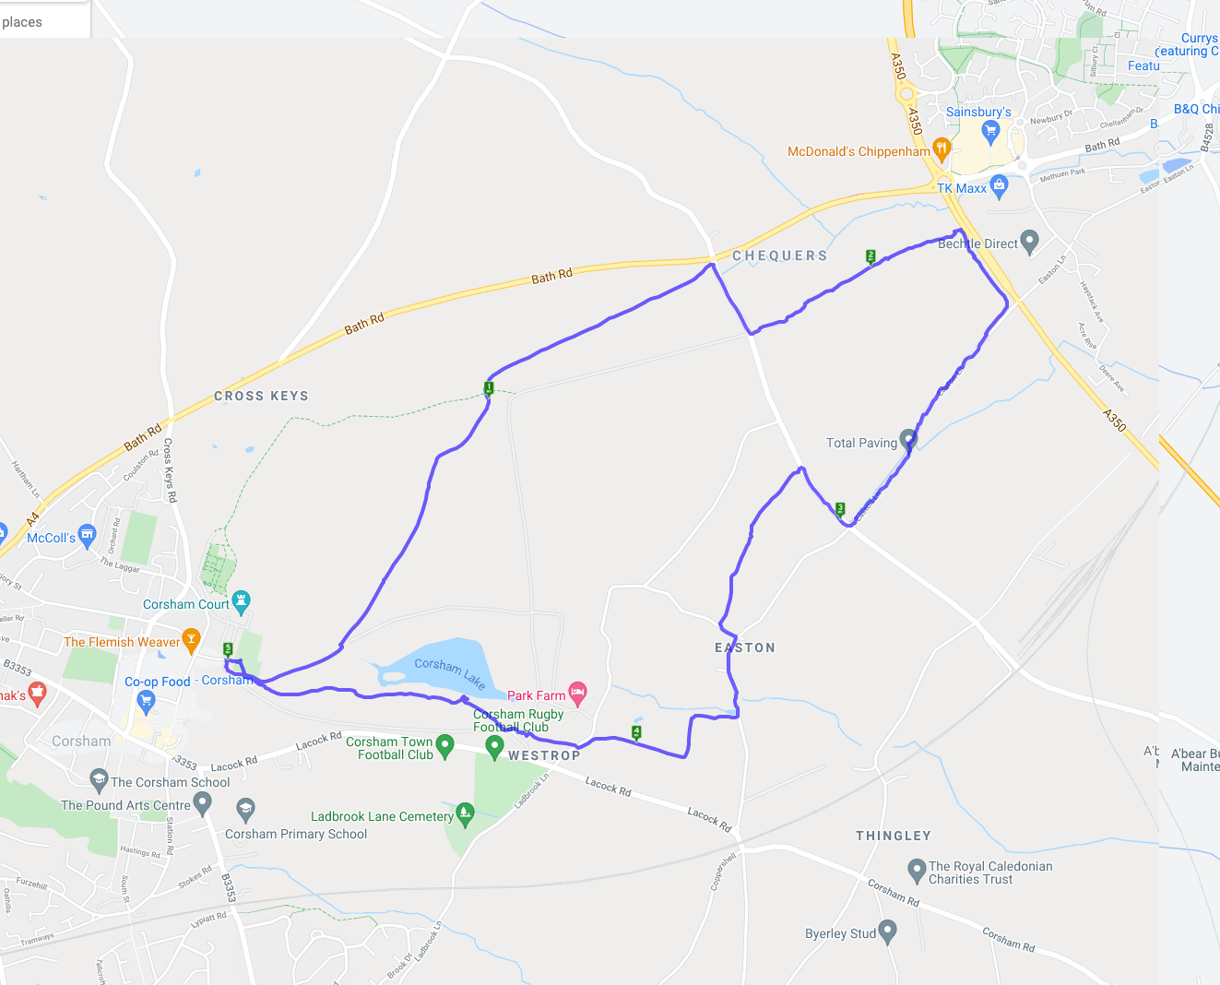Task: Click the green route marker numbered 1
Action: pos(489,388)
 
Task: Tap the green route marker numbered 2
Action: pos(871,256)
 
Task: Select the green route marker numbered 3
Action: pos(840,508)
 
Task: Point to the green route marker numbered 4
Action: pos(636,732)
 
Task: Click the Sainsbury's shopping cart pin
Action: pos(991,131)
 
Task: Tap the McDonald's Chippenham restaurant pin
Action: pos(942,148)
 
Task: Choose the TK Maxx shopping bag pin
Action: pos(999,185)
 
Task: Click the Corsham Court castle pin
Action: pos(241,601)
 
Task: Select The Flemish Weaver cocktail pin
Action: pos(191,639)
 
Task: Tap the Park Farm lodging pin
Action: pos(577,692)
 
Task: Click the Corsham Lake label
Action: pos(449,672)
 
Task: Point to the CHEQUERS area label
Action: pos(780,255)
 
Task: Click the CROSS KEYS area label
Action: pos(261,396)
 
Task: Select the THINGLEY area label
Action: pos(894,836)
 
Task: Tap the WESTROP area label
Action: pos(544,755)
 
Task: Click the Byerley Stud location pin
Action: pos(887,932)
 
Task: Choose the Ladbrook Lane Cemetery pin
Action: pos(465,813)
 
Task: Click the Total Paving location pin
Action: pos(908,440)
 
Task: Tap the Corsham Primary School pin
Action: pos(244,809)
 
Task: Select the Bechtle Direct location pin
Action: pos(1030,242)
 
